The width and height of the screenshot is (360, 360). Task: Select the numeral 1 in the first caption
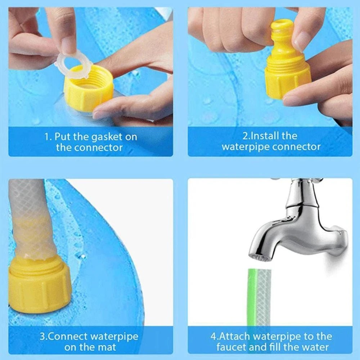pyautogui.click(x=46, y=137)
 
